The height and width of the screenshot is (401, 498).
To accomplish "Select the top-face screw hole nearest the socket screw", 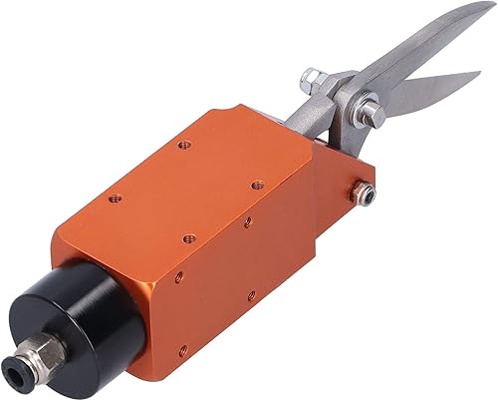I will pos(255,184).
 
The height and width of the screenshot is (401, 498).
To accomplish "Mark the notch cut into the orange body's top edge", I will pos(227,113).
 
